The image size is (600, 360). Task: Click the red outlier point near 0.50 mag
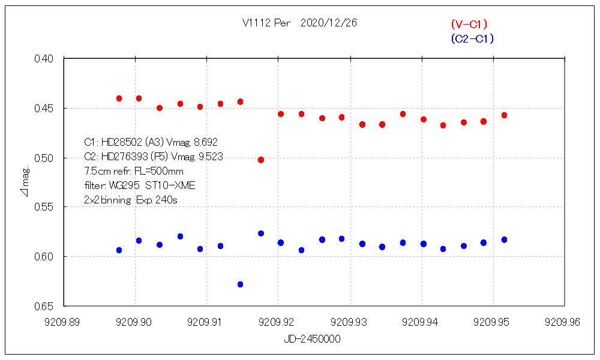tap(261, 160)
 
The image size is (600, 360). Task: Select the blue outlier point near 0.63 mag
tap(241, 284)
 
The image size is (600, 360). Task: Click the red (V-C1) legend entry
tap(469, 25)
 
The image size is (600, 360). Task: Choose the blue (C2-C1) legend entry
tap(472, 39)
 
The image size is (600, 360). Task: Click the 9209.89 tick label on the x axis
tap(64, 322)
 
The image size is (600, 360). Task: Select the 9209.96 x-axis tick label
tap(563, 322)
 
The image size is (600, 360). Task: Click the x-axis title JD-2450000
tap(313, 339)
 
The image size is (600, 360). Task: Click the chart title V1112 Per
tap(266, 23)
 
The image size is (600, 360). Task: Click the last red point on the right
tap(505, 115)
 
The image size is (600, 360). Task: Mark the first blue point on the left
tap(119, 250)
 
